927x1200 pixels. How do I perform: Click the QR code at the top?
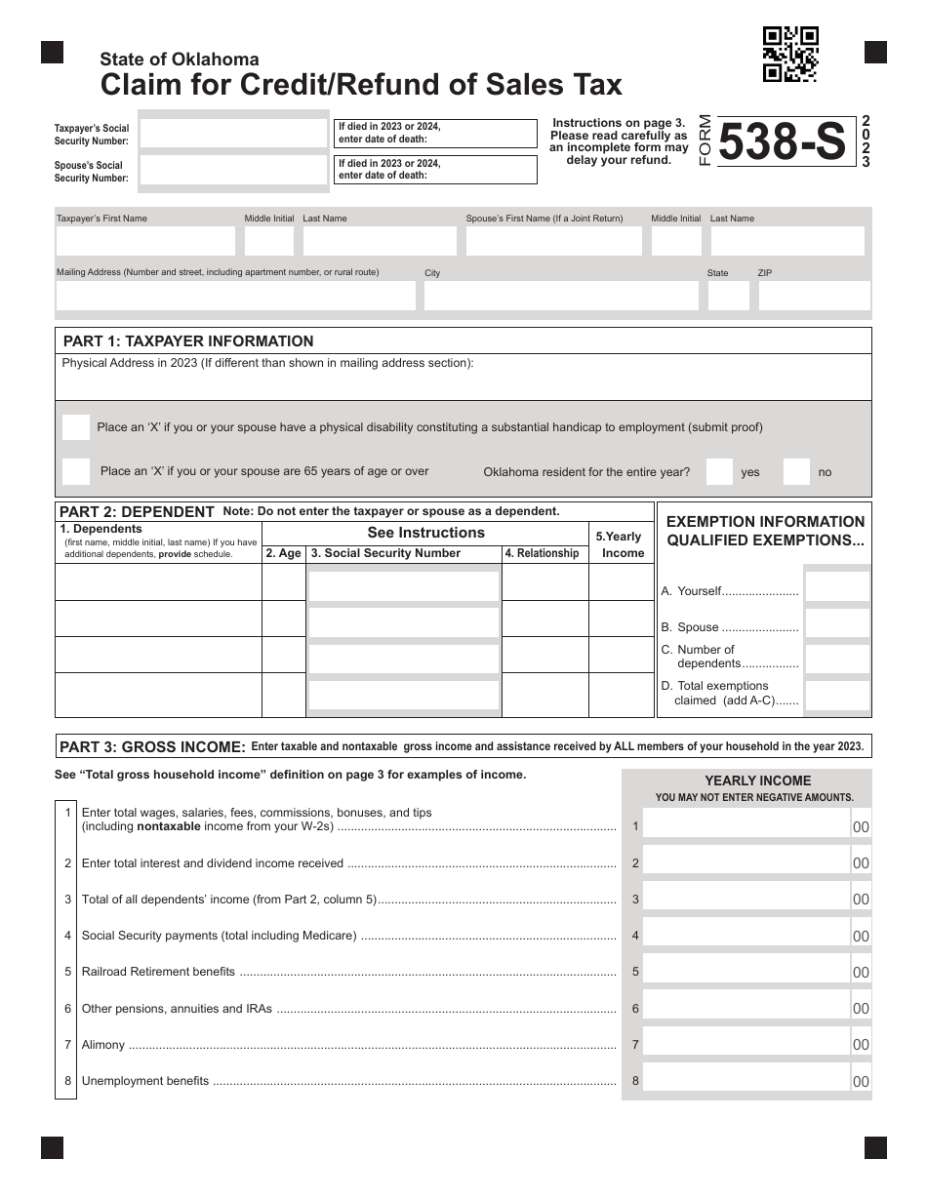(x=790, y=54)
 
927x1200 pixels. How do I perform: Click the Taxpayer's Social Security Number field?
(x=233, y=132)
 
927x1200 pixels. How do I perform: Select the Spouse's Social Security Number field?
(x=233, y=170)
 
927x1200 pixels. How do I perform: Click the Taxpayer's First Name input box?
(x=145, y=241)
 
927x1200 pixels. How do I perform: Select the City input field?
(x=560, y=296)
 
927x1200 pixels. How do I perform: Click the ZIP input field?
(x=814, y=296)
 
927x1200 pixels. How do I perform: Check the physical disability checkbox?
(x=76, y=426)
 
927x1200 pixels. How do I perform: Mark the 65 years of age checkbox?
(x=76, y=471)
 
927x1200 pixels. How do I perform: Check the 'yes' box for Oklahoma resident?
(x=719, y=472)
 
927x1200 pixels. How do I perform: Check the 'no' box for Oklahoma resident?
(x=796, y=472)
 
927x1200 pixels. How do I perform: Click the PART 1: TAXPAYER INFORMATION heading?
(x=188, y=341)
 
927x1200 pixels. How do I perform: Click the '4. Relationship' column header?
(x=542, y=553)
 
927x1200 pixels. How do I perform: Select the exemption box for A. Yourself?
(x=837, y=587)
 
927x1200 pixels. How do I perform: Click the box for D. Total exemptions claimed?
(x=837, y=695)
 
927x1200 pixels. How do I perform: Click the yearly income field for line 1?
(x=746, y=824)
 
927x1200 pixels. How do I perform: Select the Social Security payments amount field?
(x=746, y=935)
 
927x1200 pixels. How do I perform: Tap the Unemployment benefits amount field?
(x=746, y=1079)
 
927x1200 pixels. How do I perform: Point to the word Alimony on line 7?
(x=103, y=1045)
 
